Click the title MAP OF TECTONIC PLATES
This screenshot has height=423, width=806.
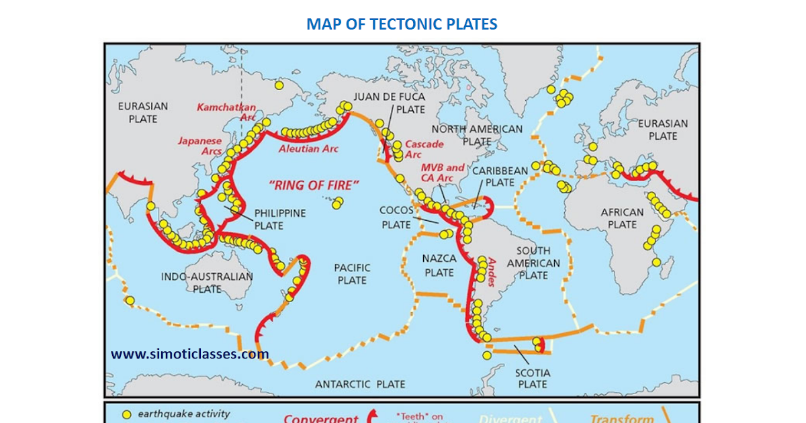(402, 25)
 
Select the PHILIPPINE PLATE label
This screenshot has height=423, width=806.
(279, 220)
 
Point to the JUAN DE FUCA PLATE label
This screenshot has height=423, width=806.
(390, 103)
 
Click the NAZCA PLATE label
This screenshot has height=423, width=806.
(439, 265)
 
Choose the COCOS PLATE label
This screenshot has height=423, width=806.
(396, 218)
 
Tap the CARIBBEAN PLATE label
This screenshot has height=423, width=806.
(500, 177)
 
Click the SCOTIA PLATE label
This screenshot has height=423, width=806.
(533, 378)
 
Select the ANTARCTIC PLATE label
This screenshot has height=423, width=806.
(360, 384)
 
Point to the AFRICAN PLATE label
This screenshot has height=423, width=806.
(622, 218)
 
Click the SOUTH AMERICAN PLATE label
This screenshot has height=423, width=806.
(533, 263)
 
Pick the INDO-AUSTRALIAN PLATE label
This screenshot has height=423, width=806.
(207, 283)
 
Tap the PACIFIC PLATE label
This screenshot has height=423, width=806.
(352, 274)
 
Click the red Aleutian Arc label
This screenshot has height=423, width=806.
(308, 148)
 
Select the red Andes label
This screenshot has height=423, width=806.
(492, 272)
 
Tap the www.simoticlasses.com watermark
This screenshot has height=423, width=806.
(190, 354)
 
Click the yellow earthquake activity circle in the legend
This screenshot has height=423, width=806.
(126, 414)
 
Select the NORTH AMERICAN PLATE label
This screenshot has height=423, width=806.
(477, 135)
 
